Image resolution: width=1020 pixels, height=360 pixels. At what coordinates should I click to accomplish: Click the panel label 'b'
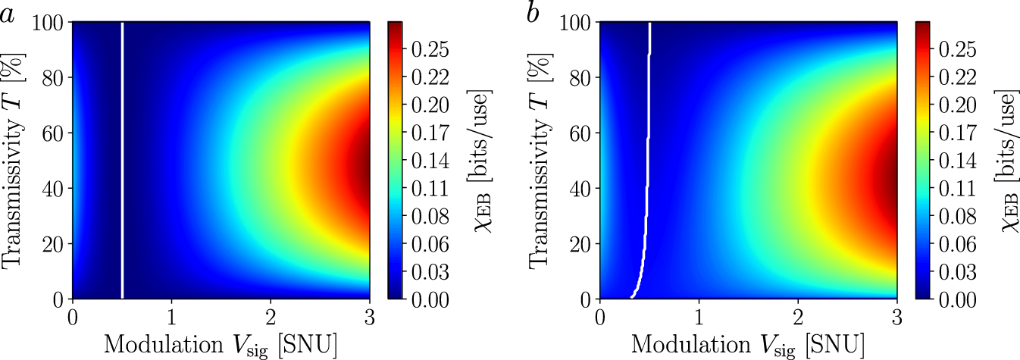[x=533, y=13]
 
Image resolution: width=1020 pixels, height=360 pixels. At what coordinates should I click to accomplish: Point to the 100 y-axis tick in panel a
[x=48, y=23]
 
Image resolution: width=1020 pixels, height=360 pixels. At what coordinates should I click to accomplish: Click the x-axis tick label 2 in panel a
[x=271, y=317]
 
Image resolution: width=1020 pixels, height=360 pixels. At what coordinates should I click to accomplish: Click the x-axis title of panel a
[x=221, y=343]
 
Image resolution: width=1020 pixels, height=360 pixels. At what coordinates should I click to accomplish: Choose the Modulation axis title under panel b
[x=748, y=343]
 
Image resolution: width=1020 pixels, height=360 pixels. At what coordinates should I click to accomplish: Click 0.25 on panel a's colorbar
[x=428, y=50]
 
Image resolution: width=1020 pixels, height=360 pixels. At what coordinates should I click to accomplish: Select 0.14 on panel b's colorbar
[x=956, y=161]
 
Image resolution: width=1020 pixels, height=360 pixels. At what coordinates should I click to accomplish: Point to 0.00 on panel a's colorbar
[x=428, y=300]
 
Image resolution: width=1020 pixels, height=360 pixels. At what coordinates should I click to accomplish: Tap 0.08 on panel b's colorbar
[x=956, y=217]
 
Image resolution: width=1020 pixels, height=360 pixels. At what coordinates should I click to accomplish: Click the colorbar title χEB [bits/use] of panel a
[x=478, y=161]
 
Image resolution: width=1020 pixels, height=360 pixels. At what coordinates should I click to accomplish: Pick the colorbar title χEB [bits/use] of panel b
[x=1006, y=161]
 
